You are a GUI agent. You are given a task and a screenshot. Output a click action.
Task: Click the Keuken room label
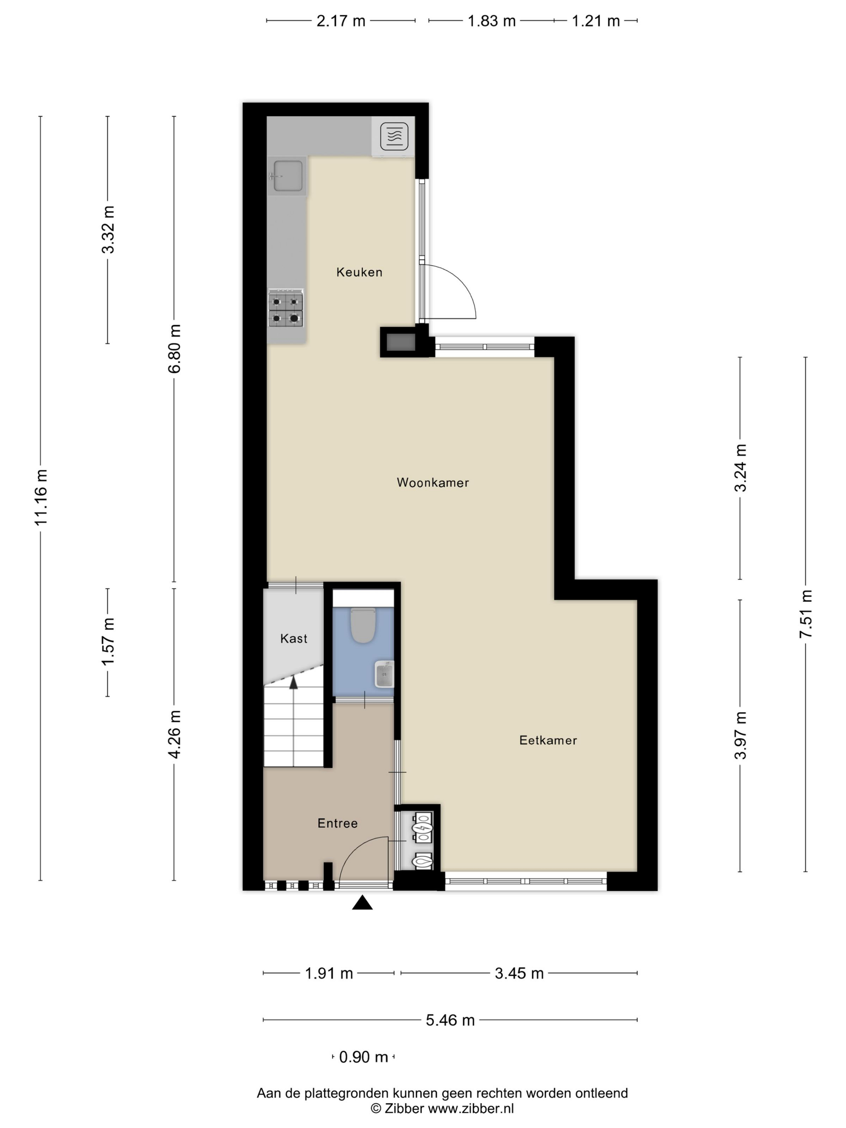(x=359, y=272)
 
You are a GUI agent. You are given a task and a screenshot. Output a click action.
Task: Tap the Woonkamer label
(x=432, y=482)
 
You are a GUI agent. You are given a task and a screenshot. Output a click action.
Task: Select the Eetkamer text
(x=547, y=740)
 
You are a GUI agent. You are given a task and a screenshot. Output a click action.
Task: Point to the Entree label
(x=337, y=823)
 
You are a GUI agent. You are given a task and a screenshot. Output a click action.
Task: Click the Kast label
(x=294, y=639)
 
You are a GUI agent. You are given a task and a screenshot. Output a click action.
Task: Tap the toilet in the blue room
(x=363, y=625)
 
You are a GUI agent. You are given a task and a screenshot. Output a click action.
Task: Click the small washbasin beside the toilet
(x=384, y=674)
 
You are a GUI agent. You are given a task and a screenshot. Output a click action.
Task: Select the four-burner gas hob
(x=286, y=309)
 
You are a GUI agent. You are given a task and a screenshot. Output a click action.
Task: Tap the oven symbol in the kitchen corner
(x=394, y=136)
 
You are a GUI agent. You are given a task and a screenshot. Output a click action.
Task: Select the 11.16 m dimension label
(x=40, y=497)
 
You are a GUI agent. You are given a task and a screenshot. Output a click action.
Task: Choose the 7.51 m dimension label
(x=805, y=614)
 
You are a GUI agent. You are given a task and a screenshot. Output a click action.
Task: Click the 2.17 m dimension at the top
(x=341, y=21)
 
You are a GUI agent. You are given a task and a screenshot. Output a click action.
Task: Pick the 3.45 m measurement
(x=519, y=973)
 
